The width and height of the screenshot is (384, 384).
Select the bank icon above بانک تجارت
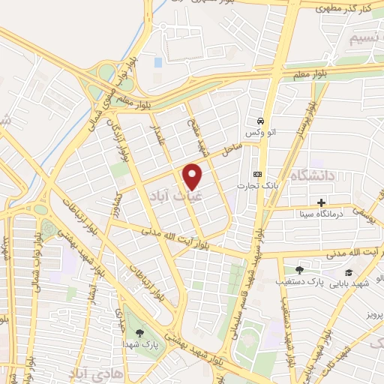pyautogui.click(x=259, y=174)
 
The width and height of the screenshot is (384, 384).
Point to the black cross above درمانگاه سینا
pyautogui.click(x=321, y=202)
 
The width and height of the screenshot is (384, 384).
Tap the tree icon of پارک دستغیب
pyautogui.click(x=299, y=270)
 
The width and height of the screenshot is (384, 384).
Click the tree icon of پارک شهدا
pyautogui.click(x=139, y=331)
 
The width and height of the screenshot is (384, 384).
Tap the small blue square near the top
pyautogui.click(x=158, y=62)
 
